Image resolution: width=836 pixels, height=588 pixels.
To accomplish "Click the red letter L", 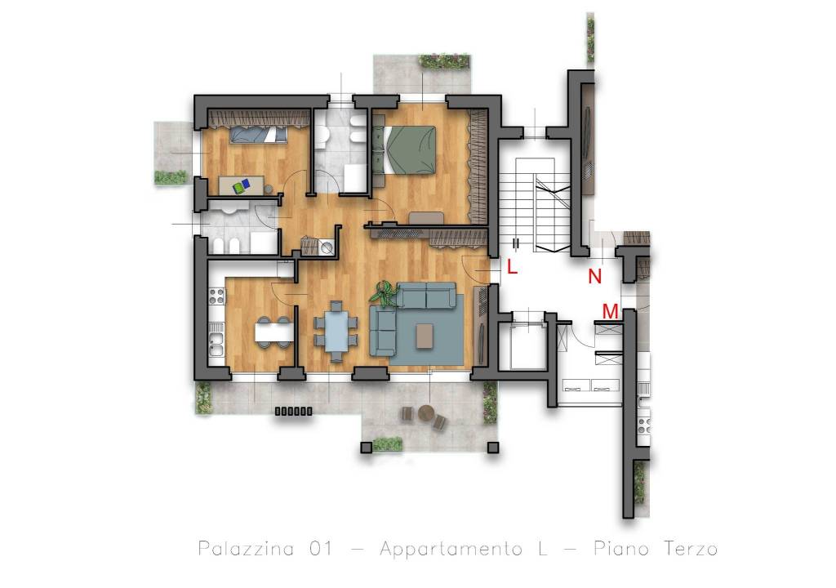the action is tap(512, 267).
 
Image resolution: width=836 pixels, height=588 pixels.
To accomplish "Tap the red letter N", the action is tap(594, 276).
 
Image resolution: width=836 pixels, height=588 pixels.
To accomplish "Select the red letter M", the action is tap(610, 311).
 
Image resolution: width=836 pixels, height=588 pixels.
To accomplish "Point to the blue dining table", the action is tap(336, 332).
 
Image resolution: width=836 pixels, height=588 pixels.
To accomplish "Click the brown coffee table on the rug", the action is tap(425, 336).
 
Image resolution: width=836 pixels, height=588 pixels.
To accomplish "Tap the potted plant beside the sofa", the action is tap(385, 294).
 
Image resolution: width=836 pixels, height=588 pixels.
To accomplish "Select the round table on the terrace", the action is tap(426, 412).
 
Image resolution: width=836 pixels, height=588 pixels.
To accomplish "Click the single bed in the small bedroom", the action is tap(259, 135).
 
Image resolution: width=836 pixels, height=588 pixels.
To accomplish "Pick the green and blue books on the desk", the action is tap(242, 186).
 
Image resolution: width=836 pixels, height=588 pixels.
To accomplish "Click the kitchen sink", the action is tap(216, 344).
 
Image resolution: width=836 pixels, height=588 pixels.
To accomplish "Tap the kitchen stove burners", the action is tap(217, 296).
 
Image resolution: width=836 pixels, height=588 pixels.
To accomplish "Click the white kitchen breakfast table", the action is tap(273, 332).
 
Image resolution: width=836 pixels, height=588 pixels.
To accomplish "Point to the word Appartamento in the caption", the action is tap(451, 549).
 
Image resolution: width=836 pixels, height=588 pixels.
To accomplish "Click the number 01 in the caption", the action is tap(320, 548).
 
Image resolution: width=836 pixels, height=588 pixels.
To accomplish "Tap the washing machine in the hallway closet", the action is tap(327, 247).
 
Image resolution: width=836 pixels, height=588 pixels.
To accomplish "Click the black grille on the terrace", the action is tap(293, 412).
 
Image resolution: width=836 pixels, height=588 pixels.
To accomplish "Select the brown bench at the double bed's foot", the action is tap(426, 218).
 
